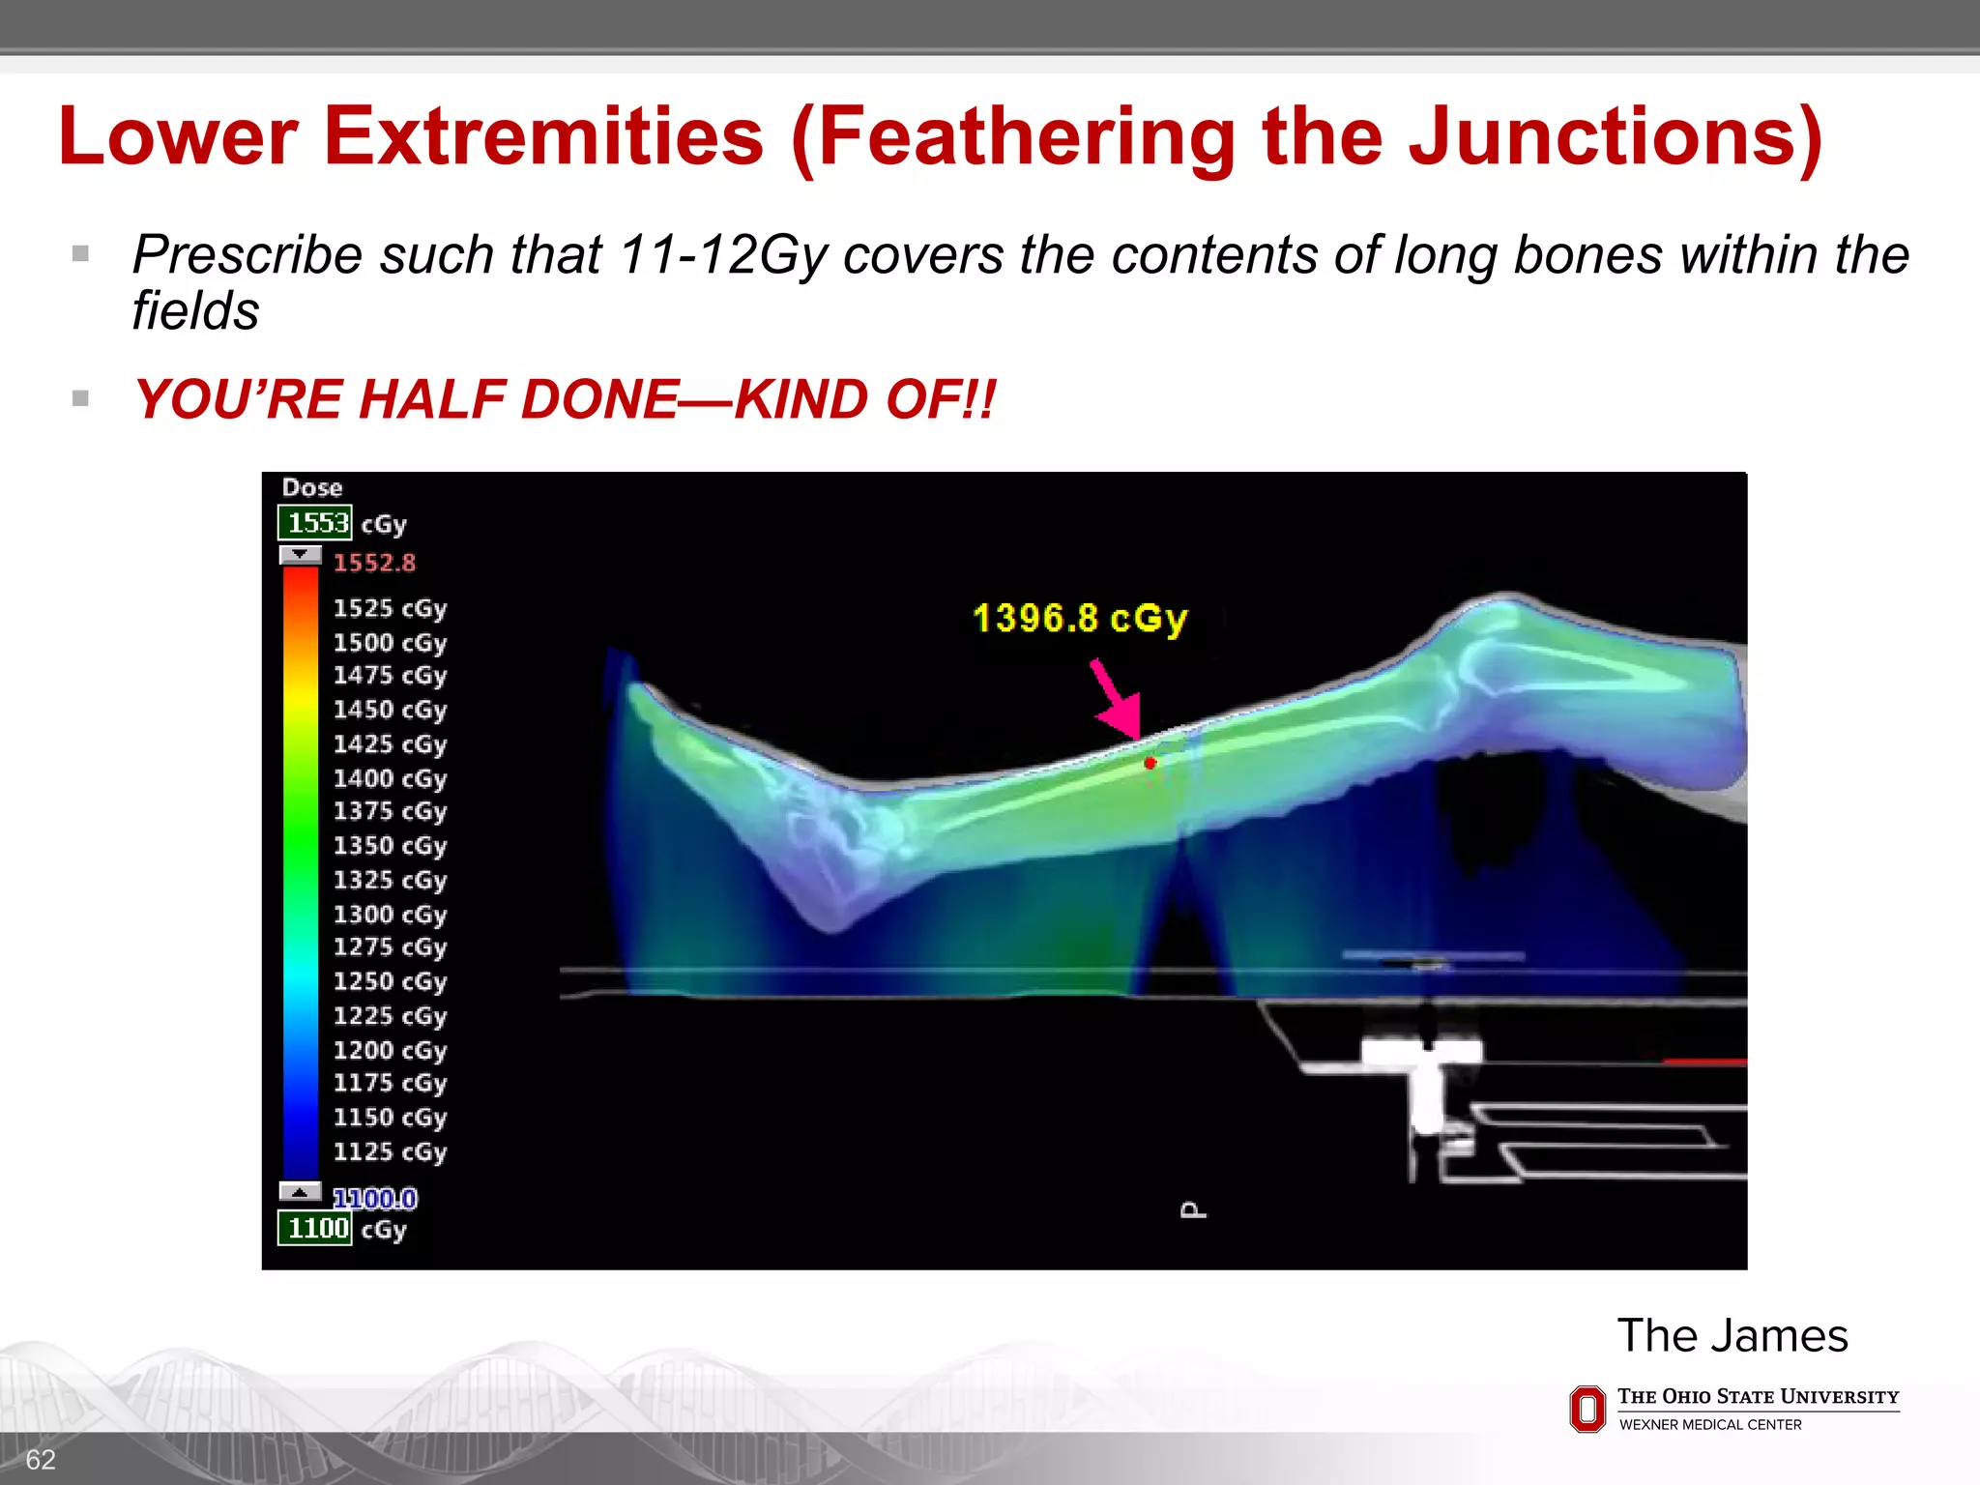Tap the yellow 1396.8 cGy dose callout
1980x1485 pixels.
1079,618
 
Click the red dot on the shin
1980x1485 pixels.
1150,763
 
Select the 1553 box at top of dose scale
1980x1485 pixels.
315,523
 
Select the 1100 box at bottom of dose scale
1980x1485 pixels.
315,1229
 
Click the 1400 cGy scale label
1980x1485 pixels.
390,778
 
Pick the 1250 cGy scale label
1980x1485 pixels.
390,981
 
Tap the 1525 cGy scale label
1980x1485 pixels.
390,608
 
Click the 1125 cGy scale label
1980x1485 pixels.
390,1151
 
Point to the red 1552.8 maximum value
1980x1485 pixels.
374,563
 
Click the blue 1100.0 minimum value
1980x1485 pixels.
375,1199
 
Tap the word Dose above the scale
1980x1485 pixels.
311,488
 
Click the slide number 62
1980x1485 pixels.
41,1460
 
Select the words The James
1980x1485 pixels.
1732,1336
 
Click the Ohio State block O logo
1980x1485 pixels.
1587,1409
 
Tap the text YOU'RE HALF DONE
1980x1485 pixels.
406,399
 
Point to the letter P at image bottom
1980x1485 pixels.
1193,1210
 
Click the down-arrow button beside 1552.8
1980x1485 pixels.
300,555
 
